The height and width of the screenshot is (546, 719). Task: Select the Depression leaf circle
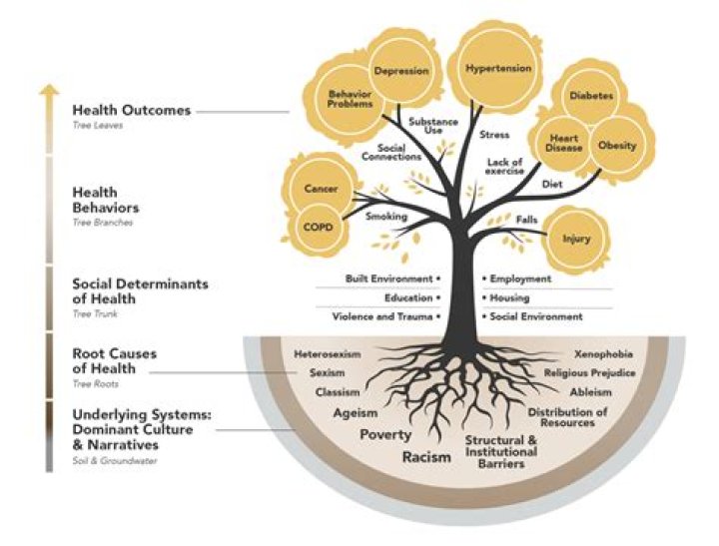tap(401, 71)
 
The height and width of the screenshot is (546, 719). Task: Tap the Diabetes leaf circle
tap(591, 96)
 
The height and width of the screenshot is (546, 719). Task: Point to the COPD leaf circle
tap(314, 227)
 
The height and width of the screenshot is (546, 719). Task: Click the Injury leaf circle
tap(576, 239)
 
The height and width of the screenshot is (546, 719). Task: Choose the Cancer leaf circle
tap(314, 189)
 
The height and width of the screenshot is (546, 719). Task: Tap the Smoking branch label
tap(385, 216)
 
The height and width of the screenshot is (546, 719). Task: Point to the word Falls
tap(526, 219)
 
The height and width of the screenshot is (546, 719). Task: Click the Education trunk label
tap(407, 297)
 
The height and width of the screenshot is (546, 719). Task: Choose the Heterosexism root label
tap(327, 354)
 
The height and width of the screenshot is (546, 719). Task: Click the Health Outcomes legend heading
tap(131, 110)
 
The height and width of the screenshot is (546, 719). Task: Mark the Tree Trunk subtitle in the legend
tap(94, 300)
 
